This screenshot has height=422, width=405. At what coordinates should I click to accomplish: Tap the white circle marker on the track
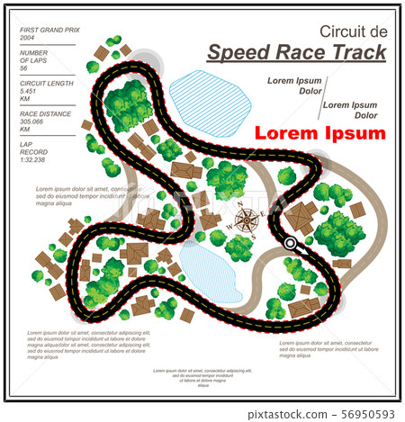point(290,243)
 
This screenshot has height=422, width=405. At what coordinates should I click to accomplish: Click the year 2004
point(27,39)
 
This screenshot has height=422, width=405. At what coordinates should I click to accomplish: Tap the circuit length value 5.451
point(29,92)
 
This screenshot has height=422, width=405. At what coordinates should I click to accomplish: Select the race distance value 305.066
point(32,123)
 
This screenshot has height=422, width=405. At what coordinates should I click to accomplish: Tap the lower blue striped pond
point(205,271)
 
